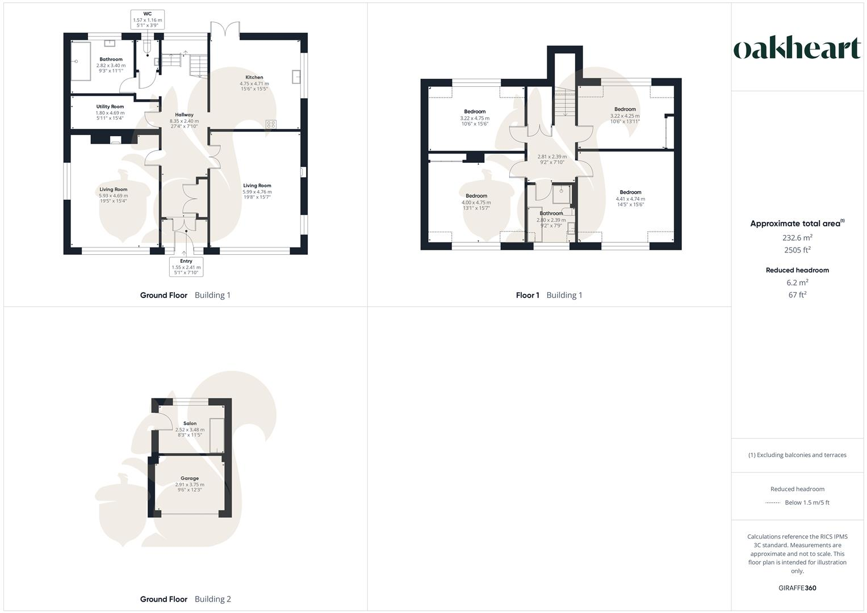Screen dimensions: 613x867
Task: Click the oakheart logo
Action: pyautogui.click(x=797, y=48)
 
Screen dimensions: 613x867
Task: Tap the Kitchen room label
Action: pyautogui.click(x=254, y=83)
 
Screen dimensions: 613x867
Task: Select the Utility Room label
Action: pyautogui.click(x=110, y=112)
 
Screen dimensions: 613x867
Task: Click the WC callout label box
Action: pyautogui.click(x=148, y=19)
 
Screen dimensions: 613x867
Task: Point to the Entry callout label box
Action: pyautogui.click(x=186, y=267)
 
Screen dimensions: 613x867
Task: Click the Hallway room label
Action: pyautogui.click(x=184, y=120)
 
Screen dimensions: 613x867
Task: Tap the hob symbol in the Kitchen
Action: pyautogui.click(x=271, y=124)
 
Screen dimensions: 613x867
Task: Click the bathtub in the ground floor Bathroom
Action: pyautogui.click(x=81, y=61)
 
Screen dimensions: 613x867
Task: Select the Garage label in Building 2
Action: pyautogui.click(x=190, y=484)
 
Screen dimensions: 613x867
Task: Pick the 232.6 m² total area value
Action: pyautogui.click(x=797, y=238)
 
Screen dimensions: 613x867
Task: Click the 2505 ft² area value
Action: pyautogui.click(x=797, y=250)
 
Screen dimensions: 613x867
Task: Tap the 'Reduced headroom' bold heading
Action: pyautogui.click(x=797, y=270)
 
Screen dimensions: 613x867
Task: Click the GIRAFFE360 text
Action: pyautogui.click(x=797, y=588)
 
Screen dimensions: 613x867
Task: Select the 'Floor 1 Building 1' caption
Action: pyautogui.click(x=549, y=295)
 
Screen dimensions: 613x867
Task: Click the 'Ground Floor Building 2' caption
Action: pyautogui.click(x=186, y=599)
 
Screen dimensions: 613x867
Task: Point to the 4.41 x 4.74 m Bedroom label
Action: pyautogui.click(x=630, y=198)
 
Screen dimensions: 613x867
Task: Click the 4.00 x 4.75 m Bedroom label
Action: pyautogui.click(x=476, y=201)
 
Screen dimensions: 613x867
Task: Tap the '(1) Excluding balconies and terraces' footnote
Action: pyautogui.click(x=797, y=455)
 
